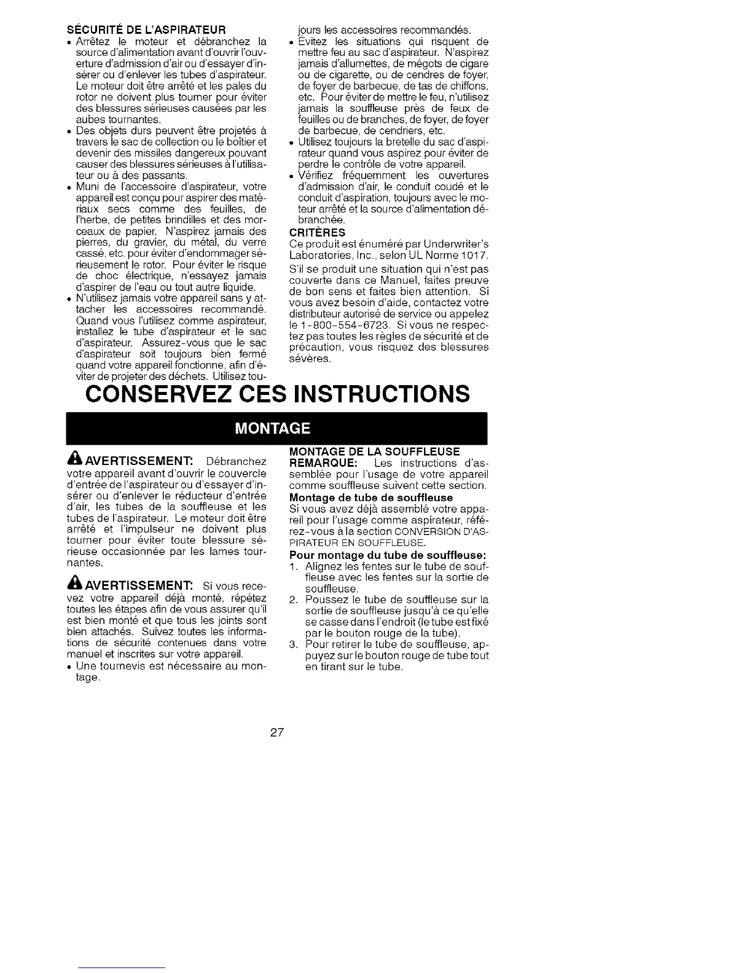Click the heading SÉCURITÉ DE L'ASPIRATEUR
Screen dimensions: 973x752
tap(146, 29)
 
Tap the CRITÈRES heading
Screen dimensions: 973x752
tap(317, 233)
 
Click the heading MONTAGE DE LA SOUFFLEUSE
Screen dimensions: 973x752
tap(374, 452)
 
